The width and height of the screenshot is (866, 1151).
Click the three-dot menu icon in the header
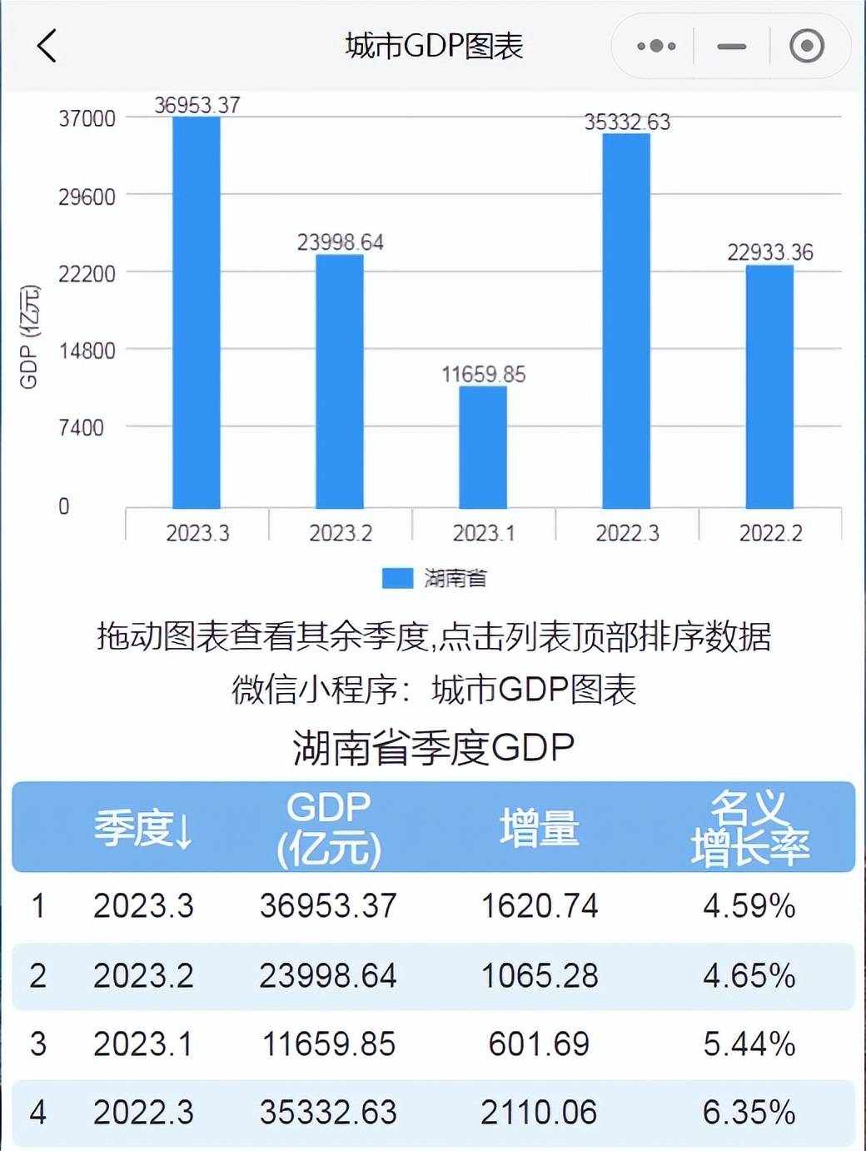click(655, 46)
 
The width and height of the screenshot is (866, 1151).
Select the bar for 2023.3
click(197, 312)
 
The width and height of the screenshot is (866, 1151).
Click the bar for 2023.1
click(483, 447)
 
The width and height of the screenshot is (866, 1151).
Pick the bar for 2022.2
click(769, 386)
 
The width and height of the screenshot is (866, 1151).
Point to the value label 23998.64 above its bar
click(340, 242)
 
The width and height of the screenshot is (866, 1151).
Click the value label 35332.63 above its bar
click(626, 122)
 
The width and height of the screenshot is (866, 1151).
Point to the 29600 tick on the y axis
click(87, 197)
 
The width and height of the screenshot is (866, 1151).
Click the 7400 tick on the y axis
click(82, 428)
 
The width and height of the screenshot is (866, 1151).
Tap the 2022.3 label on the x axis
click(626, 533)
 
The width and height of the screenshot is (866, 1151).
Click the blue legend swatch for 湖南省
click(397, 578)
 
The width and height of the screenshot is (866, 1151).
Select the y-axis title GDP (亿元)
click(29, 336)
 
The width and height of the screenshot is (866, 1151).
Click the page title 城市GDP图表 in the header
click(434, 46)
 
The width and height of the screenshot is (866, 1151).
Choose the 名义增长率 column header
click(749, 828)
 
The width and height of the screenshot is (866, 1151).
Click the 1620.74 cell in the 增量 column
click(540, 906)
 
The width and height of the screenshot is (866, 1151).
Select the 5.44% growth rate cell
click(749, 1044)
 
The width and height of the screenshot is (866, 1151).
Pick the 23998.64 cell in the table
click(328, 975)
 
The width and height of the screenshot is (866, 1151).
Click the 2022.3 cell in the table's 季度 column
click(143, 1113)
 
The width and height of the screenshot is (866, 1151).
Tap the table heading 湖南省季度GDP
click(434, 747)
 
